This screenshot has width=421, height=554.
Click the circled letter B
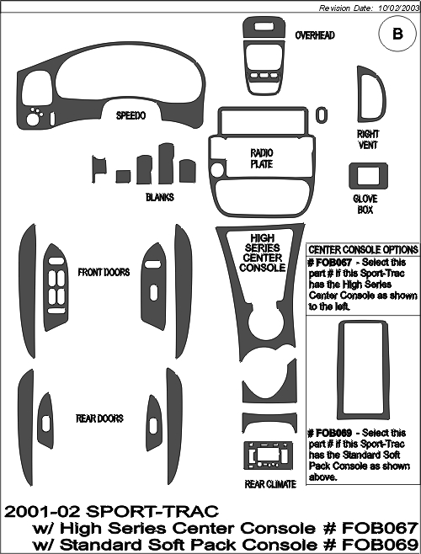point(397,34)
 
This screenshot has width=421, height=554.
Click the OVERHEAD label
point(315,35)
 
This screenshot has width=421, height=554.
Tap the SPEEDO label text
point(131,115)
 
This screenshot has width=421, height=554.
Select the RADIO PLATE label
point(262,158)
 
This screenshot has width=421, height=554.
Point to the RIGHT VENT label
point(368,140)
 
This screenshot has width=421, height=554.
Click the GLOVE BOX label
point(365,205)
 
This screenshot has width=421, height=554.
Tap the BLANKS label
point(160,197)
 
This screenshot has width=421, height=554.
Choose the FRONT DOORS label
point(104,273)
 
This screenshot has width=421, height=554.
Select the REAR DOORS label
point(99,418)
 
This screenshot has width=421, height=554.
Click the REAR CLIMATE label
point(270,484)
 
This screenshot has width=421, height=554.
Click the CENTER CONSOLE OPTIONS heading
point(363,250)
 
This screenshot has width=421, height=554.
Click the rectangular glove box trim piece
point(368,165)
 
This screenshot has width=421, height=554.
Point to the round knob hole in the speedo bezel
point(33,120)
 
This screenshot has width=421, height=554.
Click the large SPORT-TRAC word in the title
point(152,511)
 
